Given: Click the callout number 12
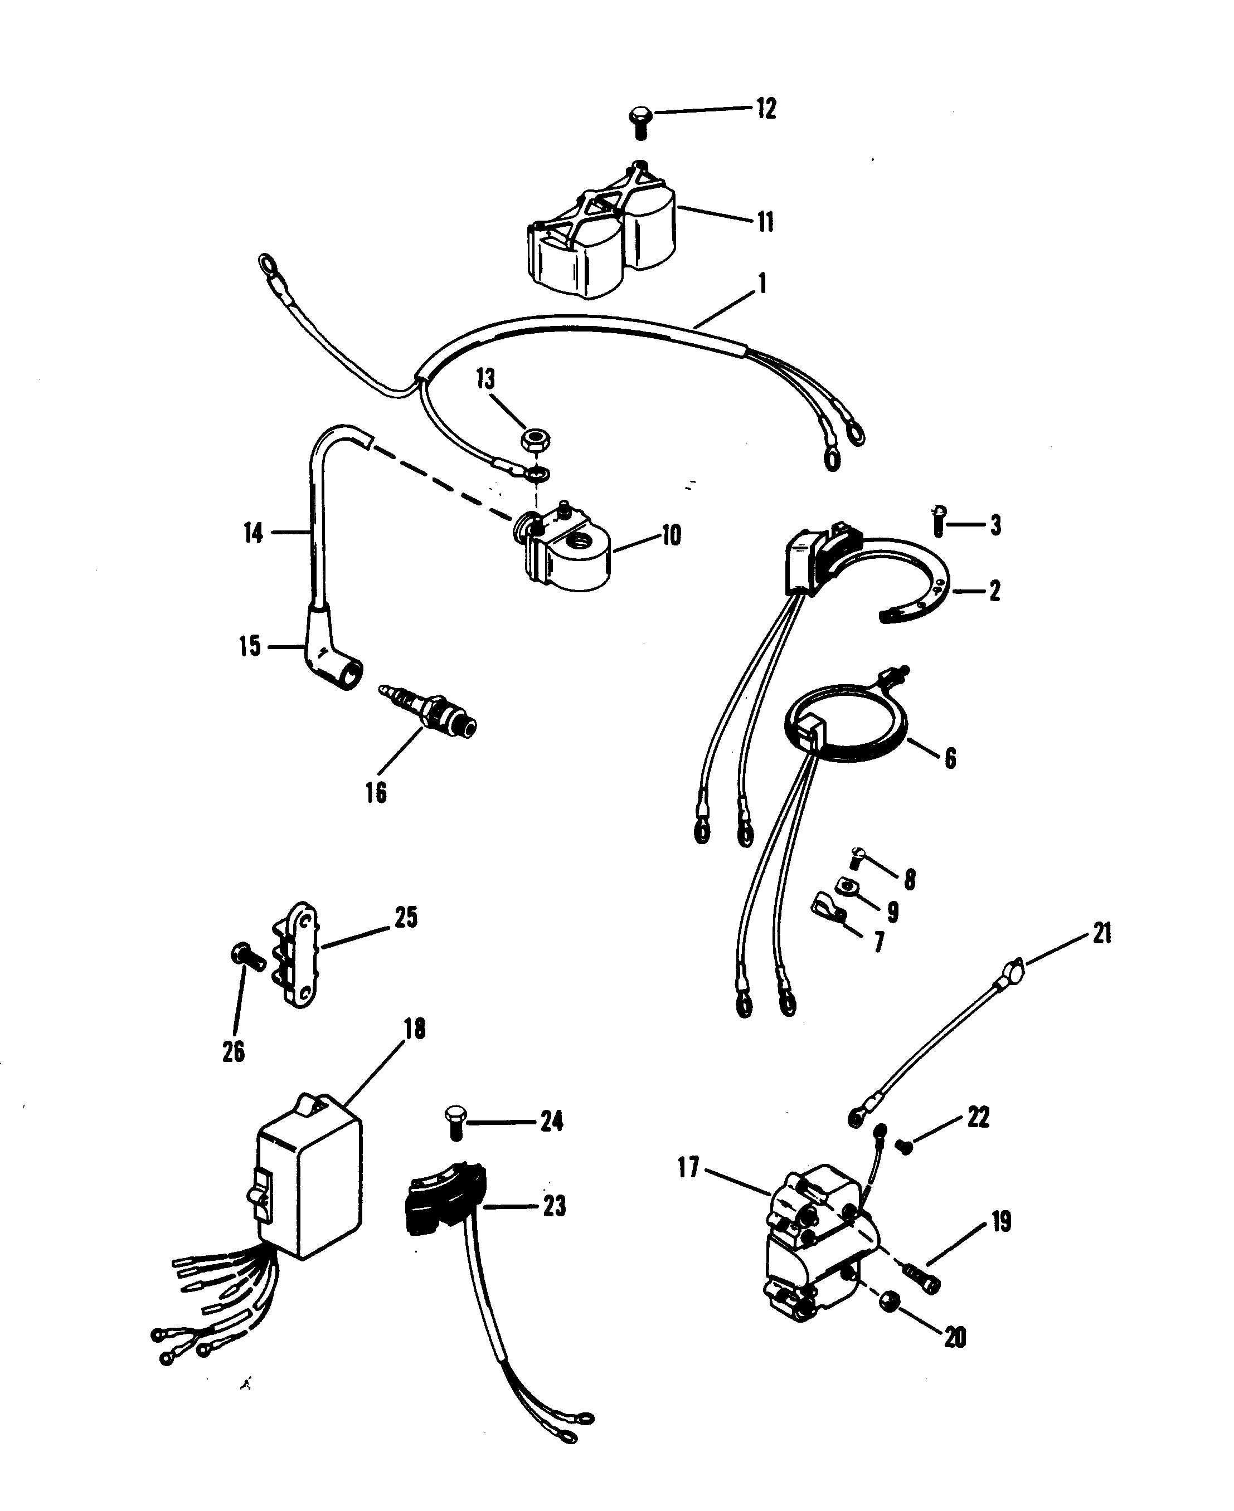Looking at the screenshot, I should tap(766, 109).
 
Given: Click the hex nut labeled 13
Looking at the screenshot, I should tap(534, 441).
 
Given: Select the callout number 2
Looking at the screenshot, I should tap(994, 591).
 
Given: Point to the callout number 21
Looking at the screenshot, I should tap(1102, 933).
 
